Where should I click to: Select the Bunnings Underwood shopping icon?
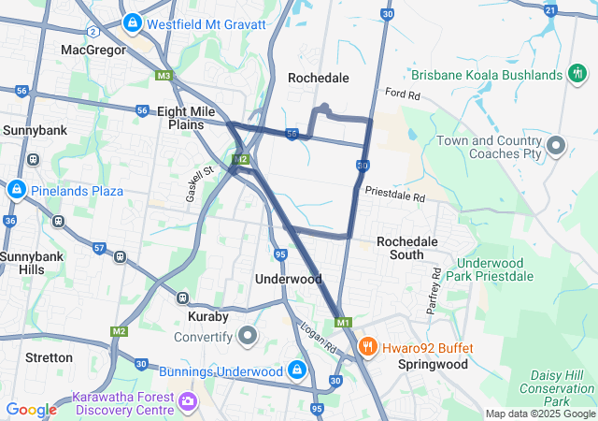click(296, 370)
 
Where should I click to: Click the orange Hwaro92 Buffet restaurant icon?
click(368, 348)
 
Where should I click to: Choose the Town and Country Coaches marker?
click(556, 146)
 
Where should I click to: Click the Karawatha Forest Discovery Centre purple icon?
click(189, 402)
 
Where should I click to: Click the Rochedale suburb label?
click(318, 78)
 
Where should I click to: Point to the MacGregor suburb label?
click(93, 49)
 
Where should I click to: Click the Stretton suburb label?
click(49, 357)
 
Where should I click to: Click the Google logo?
click(31, 410)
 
